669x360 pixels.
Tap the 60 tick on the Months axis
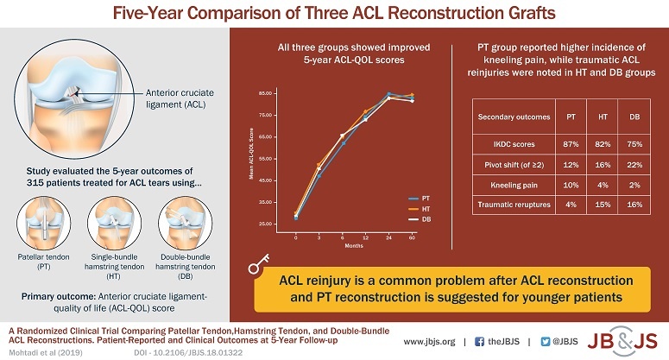tap(411, 237)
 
